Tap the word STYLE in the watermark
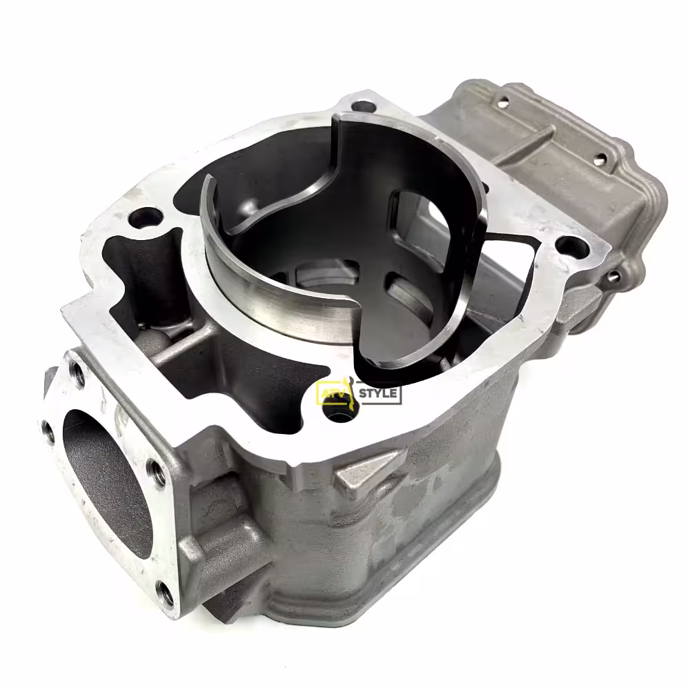coord(378,393)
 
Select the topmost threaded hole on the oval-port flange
coord(78,376)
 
